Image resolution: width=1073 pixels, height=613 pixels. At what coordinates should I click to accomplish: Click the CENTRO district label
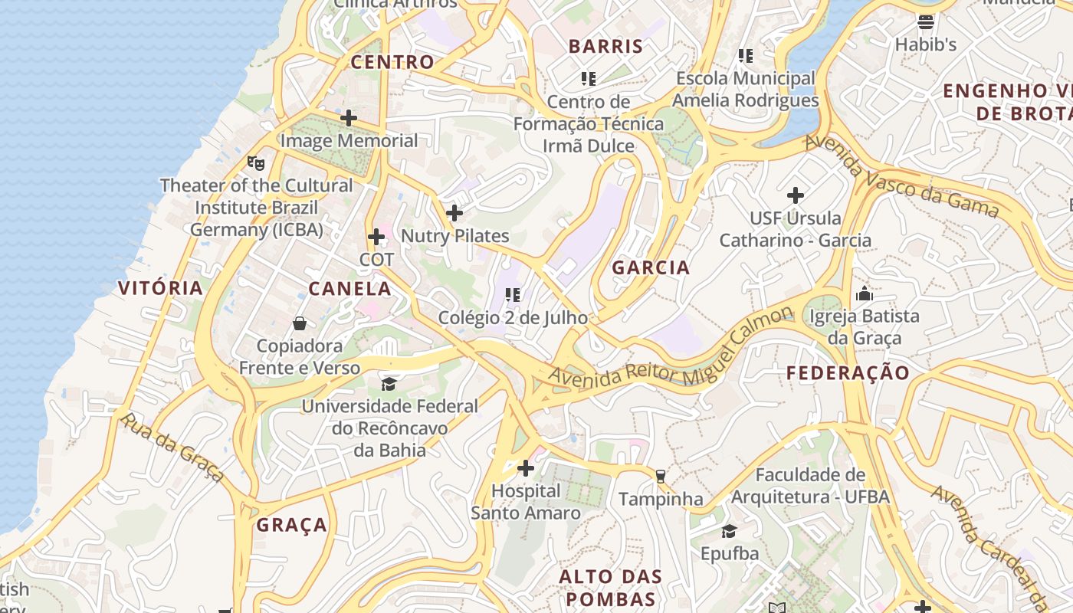(392, 62)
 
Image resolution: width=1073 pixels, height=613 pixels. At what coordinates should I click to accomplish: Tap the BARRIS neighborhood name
(605, 46)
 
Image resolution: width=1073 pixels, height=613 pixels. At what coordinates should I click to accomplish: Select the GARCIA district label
(651, 267)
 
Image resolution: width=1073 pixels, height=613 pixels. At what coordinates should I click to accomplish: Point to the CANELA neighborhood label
(349, 289)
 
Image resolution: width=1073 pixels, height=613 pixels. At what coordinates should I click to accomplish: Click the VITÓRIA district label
(161, 288)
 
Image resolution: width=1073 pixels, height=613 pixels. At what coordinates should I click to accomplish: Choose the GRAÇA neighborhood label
(292, 525)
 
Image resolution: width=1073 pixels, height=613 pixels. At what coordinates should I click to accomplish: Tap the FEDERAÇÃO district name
(848, 373)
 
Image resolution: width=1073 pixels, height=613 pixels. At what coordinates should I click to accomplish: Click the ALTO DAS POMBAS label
(610, 588)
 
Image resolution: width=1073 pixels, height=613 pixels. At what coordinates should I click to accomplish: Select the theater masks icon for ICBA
(256, 162)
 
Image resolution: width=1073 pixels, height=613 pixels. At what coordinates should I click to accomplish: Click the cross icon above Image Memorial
(349, 118)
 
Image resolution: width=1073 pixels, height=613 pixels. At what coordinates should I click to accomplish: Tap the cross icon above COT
(376, 237)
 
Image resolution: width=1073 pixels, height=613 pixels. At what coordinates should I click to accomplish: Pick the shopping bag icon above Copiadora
(300, 323)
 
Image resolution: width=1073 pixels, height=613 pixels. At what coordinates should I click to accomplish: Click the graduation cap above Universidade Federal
(389, 383)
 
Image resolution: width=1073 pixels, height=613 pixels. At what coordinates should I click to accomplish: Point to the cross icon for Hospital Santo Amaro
(526, 467)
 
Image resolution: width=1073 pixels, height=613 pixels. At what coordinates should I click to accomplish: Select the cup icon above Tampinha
(661, 477)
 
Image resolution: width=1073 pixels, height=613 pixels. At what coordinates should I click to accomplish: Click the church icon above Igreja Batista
(865, 293)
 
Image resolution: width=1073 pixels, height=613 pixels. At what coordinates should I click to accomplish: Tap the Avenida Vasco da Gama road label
(901, 176)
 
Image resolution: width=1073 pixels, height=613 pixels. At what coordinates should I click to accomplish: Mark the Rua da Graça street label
(173, 448)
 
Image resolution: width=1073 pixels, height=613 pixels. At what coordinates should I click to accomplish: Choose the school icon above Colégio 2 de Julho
(513, 294)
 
